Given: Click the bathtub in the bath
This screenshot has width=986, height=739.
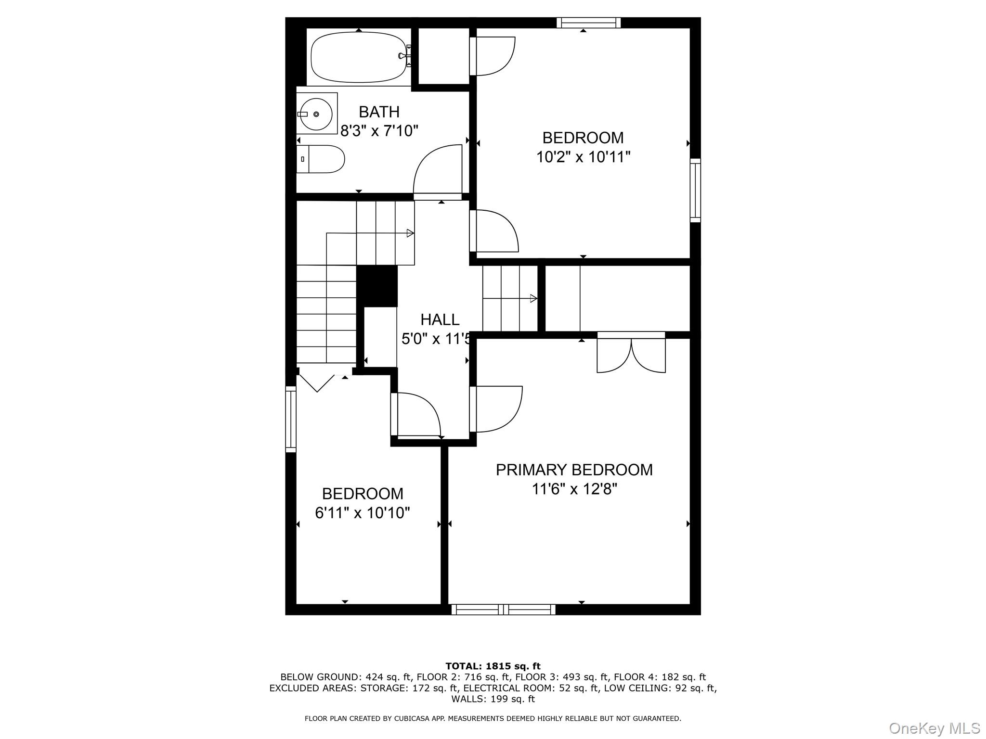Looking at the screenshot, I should [x=358, y=57].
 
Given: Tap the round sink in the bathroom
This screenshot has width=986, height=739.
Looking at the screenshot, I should [x=316, y=114].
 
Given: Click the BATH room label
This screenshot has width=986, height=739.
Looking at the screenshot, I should [x=379, y=112].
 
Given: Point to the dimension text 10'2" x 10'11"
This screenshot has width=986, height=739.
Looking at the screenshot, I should [x=583, y=157].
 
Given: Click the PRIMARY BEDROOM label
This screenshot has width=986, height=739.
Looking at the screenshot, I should [x=574, y=470].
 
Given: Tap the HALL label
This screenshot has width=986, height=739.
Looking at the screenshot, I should [x=440, y=319].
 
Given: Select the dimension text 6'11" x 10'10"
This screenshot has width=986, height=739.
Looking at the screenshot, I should [x=362, y=513].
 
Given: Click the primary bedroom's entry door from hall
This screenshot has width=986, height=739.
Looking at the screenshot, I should [x=496, y=409].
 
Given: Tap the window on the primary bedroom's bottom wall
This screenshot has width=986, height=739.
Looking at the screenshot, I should [x=503, y=610].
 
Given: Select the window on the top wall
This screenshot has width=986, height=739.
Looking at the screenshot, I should [x=588, y=23].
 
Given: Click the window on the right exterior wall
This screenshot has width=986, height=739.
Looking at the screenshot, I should [x=695, y=190].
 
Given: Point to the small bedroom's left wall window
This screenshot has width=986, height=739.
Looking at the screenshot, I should [x=291, y=419].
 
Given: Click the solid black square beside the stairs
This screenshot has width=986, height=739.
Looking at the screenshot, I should [x=376, y=286].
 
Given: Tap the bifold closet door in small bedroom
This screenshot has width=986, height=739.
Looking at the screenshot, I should [x=316, y=383].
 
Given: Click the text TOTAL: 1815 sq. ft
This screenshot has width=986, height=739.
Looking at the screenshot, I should [x=493, y=666].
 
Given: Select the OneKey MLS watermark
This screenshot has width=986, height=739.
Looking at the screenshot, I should [x=934, y=728].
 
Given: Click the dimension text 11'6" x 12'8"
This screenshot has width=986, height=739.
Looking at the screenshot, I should [x=574, y=489].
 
